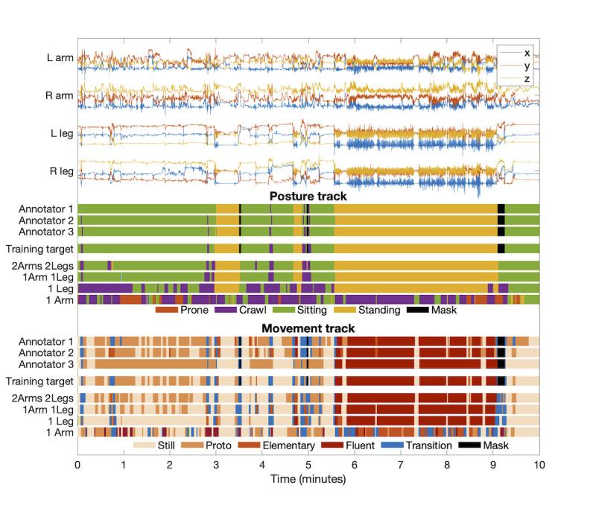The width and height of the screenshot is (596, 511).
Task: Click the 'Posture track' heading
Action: click(308, 197)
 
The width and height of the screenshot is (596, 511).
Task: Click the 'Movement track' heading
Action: click(308, 328)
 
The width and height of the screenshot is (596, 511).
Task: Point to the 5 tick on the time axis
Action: click(308, 463)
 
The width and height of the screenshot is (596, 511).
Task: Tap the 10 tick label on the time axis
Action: click(539, 463)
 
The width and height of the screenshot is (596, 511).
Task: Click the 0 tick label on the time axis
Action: click(78, 463)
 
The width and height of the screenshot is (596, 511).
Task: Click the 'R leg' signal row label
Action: click(60, 171)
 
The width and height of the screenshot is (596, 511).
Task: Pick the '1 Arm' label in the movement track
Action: click(60, 431)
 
